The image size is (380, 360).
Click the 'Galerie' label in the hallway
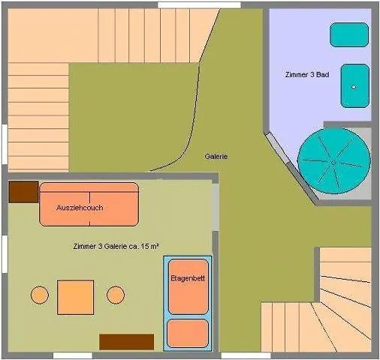point(216,157)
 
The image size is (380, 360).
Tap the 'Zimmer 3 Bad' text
point(307,74)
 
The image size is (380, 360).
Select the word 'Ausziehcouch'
point(80,208)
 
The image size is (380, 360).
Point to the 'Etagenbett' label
point(188,278)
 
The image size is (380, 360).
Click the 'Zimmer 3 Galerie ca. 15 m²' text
point(116,246)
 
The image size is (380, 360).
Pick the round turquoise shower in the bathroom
point(334,161)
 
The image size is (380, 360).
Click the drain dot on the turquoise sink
point(354,87)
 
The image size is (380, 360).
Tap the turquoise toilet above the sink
point(349,34)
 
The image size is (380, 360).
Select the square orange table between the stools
point(75,297)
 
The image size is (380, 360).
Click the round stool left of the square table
point(40,295)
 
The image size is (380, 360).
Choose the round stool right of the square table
point(116,295)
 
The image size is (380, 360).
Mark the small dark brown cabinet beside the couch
point(23,192)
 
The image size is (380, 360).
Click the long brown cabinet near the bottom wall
point(127,342)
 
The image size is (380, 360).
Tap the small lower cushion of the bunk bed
point(188,333)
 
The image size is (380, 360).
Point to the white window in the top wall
point(199,5)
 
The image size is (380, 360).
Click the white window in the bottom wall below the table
point(73,355)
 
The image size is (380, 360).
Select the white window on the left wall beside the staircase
point(5,144)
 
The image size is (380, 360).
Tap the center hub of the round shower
point(333,163)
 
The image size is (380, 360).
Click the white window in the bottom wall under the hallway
point(246,355)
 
